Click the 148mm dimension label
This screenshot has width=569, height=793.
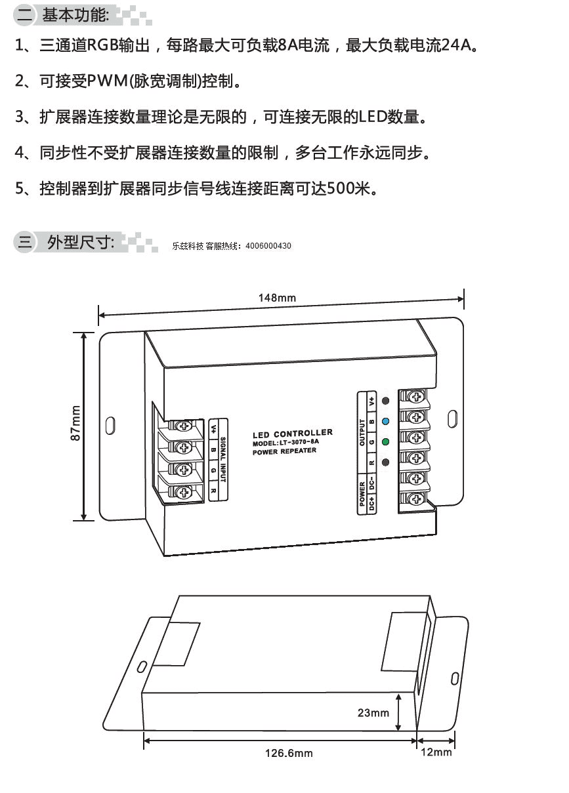click(277, 298)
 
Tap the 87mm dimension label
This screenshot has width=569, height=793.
click(75, 423)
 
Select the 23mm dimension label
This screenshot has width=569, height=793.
click(373, 712)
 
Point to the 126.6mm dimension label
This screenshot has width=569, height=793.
click(289, 753)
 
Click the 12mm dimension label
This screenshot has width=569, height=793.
click(436, 752)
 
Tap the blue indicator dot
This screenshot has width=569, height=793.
click(385, 421)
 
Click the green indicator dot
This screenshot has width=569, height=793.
click(385, 442)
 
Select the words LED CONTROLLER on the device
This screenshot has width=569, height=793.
click(293, 434)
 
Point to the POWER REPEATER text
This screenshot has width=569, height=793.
click(284, 451)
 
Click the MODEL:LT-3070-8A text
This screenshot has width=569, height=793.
click(285, 443)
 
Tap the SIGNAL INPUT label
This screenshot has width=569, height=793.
click(223, 459)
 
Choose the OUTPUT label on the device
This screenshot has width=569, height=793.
click(362, 432)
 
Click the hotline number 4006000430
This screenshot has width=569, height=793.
click(268, 246)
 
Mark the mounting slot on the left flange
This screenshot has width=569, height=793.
click(110, 425)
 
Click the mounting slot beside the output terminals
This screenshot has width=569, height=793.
click(452, 419)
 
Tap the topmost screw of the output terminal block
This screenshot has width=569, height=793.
click(415, 396)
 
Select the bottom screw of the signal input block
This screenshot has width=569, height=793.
click(184, 492)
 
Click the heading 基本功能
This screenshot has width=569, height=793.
click(75, 15)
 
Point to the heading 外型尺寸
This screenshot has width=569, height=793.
click(81, 243)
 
